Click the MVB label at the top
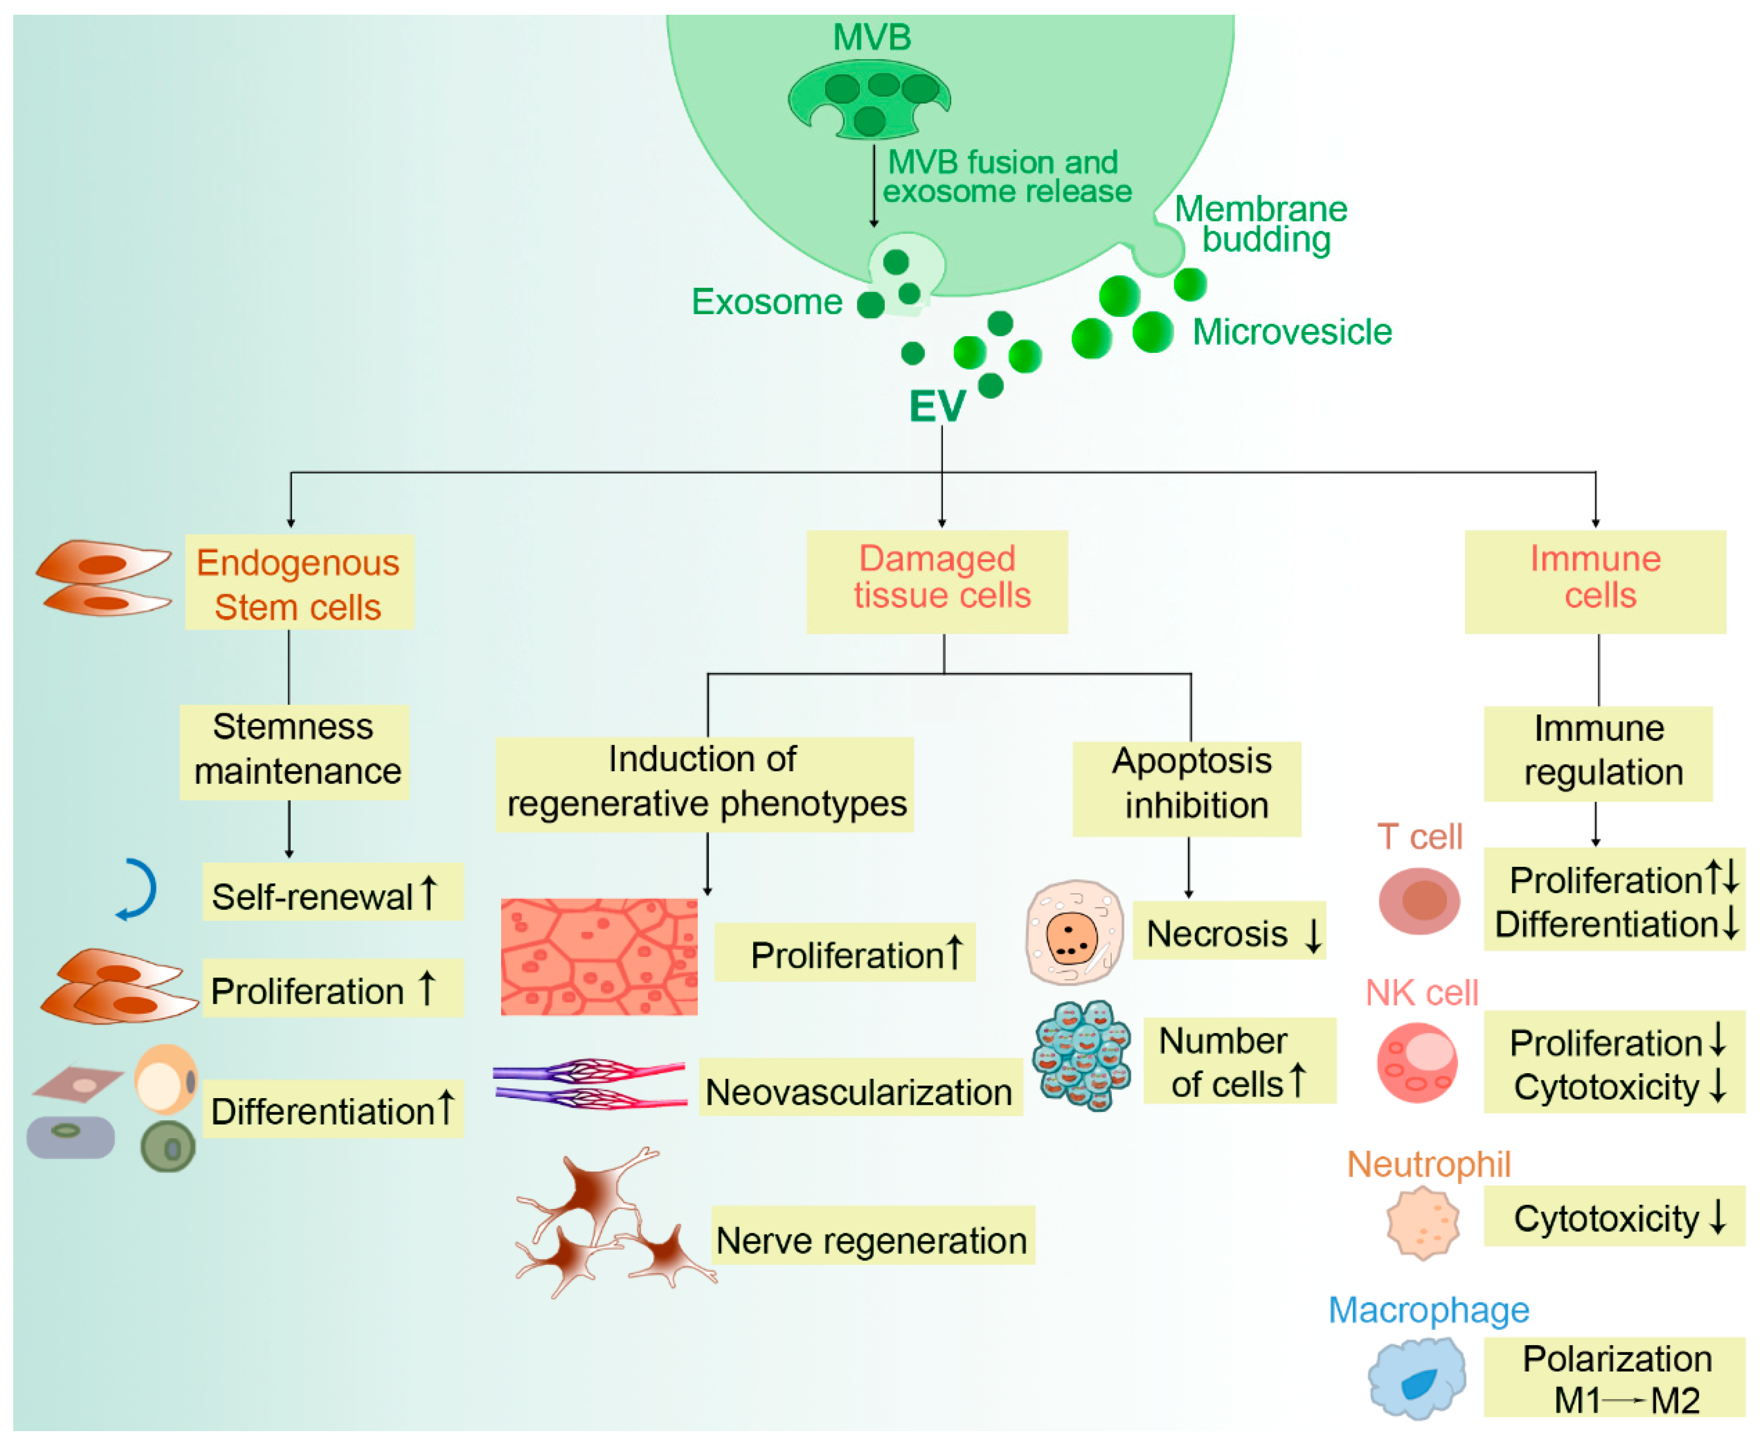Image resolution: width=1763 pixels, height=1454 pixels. (x=872, y=38)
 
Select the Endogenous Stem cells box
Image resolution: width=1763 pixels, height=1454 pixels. (x=299, y=582)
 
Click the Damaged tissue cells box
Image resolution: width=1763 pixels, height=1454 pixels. (x=937, y=581)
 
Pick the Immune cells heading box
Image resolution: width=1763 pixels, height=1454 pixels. (x=1595, y=581)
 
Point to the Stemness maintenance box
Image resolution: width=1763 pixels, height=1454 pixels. (x=294, y=751)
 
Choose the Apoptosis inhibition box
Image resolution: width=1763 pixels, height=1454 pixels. (x=1187, y=788)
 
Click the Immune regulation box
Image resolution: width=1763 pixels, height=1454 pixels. (x=1598, y=753)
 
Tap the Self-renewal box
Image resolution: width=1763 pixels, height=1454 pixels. (x=332, y=892)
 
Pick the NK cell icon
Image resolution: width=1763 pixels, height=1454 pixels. (x=1417, y=1062)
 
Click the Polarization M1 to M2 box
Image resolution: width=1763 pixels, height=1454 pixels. (x=1615, y=1377)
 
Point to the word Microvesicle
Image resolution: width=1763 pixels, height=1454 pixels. (x=1292, y=331)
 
